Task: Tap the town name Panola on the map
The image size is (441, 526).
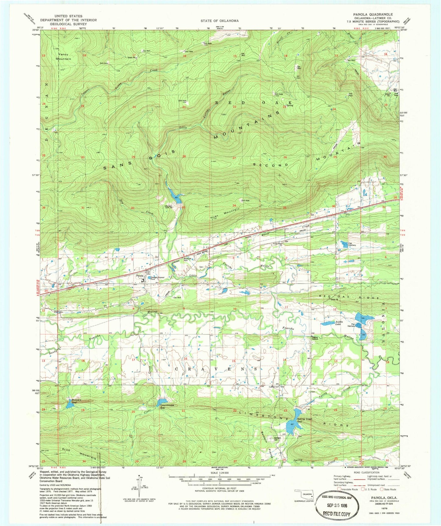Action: [x=140, y=276]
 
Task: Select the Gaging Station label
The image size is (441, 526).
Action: [x=315, y=338]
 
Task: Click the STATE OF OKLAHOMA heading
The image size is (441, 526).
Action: [x=219, y=21]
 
